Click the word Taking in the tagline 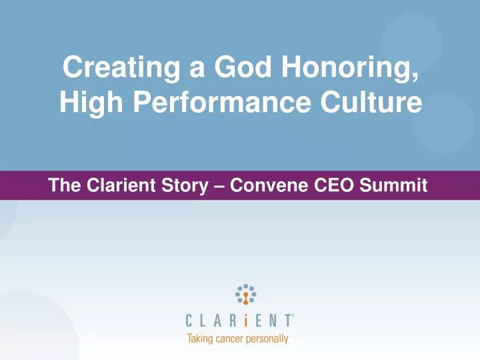click(201, 339)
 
